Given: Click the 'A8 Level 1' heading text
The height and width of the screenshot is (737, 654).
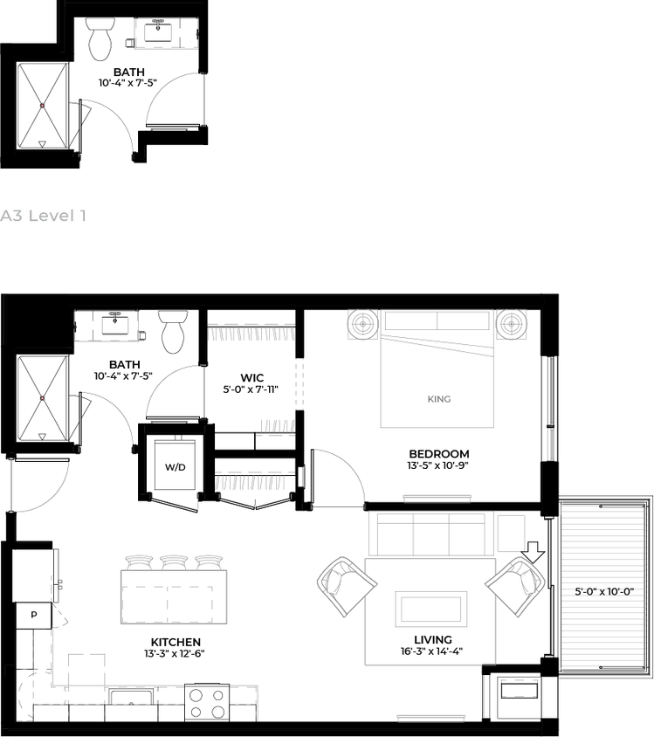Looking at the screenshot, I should (x=44, y=216).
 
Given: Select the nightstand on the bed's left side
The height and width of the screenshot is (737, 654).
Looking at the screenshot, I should (x=361, y=325).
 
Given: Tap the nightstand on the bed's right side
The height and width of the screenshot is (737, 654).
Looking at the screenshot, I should (x=513, y=325).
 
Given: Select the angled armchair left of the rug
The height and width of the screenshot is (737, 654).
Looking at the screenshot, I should (x=346, y=586).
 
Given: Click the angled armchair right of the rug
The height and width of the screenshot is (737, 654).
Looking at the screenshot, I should (x=515, y=586).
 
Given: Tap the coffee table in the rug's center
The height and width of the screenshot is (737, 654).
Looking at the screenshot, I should (x=430, y=609).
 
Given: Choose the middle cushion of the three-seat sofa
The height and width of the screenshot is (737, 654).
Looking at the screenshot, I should (x=431, y=534).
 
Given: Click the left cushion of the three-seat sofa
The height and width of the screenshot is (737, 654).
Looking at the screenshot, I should (x=396, y=534).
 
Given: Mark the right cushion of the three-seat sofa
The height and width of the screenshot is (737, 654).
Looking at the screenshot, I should (x=467, y=534).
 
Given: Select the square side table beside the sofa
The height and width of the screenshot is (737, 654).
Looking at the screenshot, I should (x=512, y=532).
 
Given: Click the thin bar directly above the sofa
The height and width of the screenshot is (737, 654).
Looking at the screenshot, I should (x=437, y=498).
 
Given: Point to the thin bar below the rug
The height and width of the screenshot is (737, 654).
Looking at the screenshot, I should (x=430, y=717).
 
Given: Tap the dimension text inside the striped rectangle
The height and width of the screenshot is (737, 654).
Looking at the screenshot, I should (x=602, y=592).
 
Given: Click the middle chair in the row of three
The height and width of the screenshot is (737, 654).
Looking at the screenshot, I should (x=175, y=561).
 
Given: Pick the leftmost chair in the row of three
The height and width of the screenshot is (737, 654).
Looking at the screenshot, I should (x=140, y=561).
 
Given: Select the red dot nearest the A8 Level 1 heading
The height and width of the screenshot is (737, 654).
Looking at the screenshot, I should (x=42, y=106).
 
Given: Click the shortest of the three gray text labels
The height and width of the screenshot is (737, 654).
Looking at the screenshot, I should (x=278, y=424).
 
